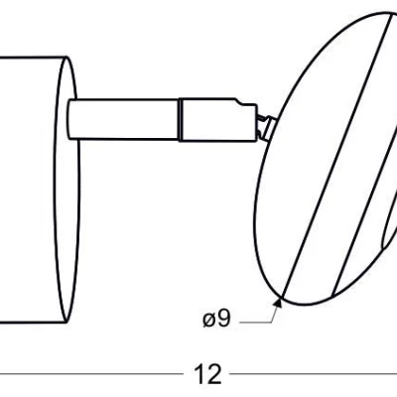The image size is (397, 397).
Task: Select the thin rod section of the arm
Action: click(x=124, y=117)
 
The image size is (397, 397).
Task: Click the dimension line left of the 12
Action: click(x=89, y=374)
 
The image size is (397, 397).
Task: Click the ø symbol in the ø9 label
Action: click(x=207, y=319)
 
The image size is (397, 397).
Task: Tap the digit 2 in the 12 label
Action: click(x=213, y=374)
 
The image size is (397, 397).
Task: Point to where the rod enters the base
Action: click(x=71, y=117)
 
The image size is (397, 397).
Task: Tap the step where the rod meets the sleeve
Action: click(x=179, y=117)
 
